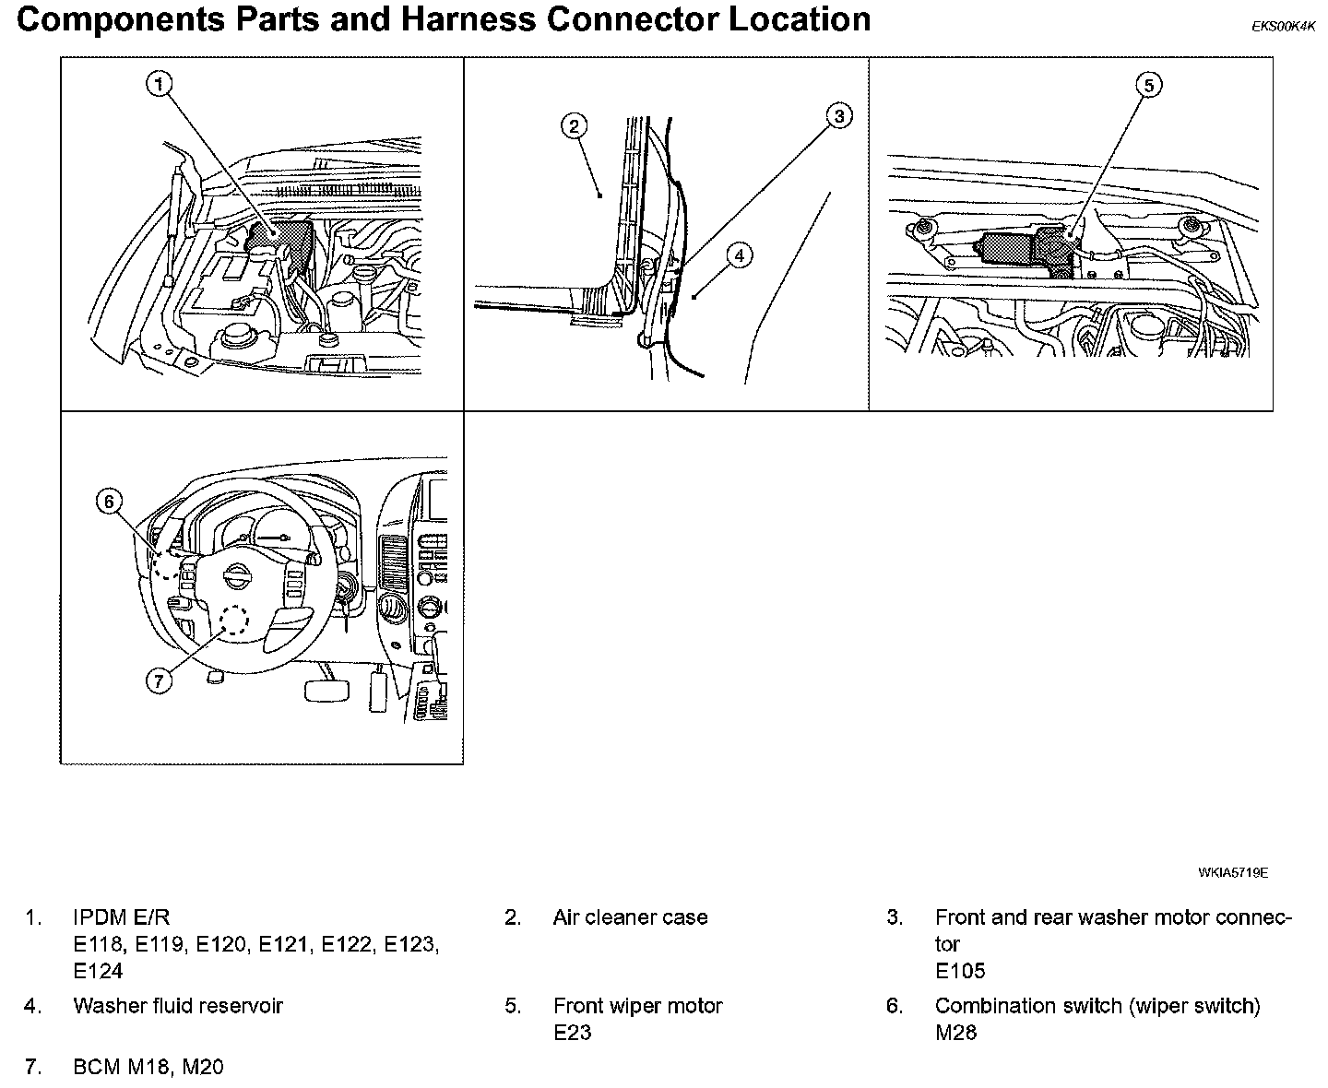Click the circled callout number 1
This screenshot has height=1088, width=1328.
160,85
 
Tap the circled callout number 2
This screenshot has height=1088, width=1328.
574,127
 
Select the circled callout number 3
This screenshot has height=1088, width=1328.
838,116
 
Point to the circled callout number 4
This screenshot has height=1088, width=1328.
740,255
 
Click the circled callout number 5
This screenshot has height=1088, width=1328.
1148,86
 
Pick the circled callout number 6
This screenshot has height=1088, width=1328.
109,501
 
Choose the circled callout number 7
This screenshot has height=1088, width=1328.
159,680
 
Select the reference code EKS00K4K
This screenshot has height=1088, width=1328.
1283,27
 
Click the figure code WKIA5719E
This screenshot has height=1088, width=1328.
1233,871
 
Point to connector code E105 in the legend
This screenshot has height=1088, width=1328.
960,971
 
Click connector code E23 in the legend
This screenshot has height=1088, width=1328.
572,1032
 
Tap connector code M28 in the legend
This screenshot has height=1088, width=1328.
955,1032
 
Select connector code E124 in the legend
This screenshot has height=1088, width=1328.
98,971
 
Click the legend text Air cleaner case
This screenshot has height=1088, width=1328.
630,917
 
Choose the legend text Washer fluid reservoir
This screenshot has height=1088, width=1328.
178,1005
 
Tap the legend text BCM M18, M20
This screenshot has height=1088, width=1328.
148,1067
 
